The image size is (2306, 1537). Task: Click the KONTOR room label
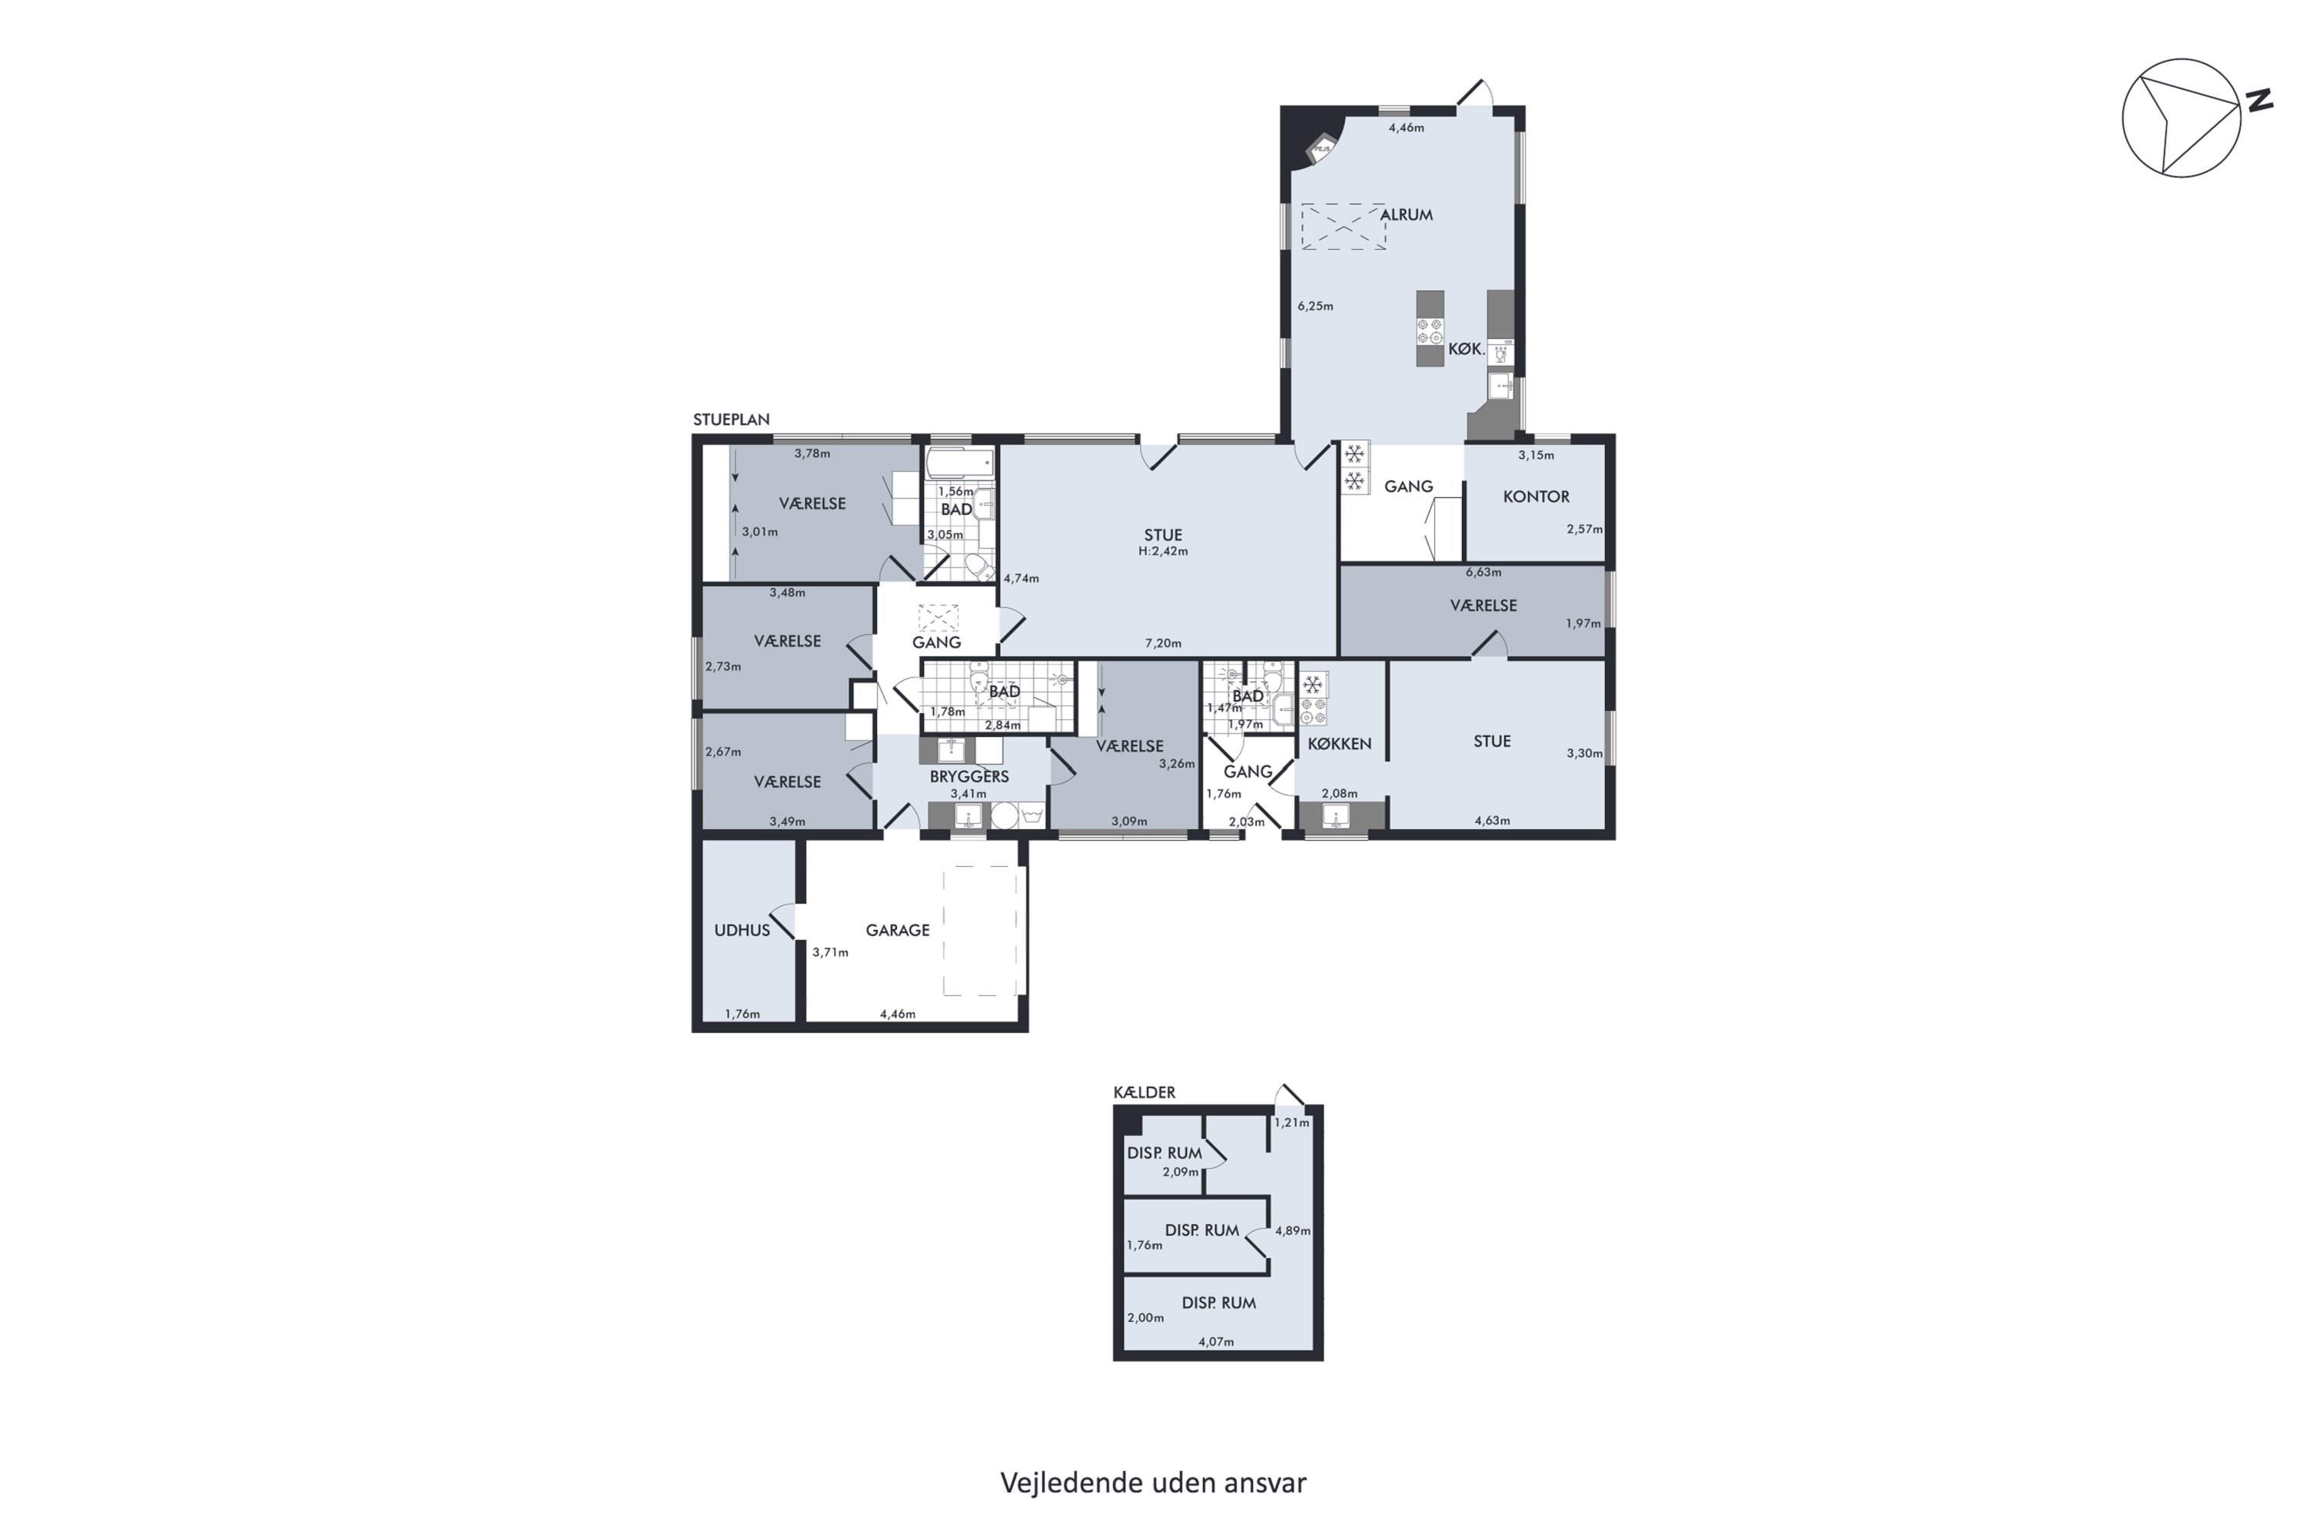1535,497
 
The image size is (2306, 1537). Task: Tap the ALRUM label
1406,214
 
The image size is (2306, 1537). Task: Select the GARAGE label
897,930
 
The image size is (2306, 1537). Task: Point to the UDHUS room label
743,930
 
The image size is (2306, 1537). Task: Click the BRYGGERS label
969,776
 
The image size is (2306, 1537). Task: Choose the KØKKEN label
1339,744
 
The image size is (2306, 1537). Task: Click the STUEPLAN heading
732,420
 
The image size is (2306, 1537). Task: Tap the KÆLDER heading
1145,1092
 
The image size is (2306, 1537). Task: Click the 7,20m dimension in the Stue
1163,644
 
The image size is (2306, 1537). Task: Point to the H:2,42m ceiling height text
1163,552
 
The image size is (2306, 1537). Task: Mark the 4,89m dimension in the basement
1292,1230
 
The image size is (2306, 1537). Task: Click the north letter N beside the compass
2260,100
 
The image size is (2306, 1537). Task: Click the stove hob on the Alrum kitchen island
1430,331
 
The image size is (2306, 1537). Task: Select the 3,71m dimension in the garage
829,953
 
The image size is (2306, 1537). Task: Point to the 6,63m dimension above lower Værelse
1484,573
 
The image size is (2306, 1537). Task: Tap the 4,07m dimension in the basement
1216,1342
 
